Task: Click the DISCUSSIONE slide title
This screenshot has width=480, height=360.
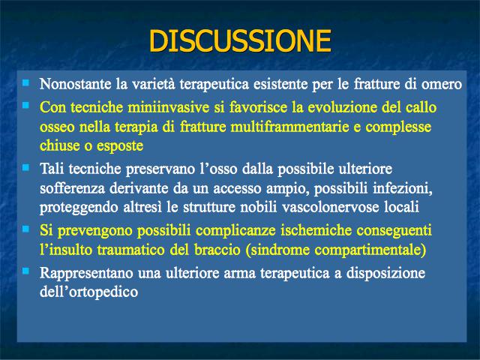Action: (x=240, y=40)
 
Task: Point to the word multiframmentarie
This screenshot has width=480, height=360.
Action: (x=289, y=127)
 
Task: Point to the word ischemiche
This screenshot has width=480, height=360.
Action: (x=316, y=230)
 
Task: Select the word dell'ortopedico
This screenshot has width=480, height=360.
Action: (x=88, y=292)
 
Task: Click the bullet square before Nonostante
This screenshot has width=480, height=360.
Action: (x=26, y=82)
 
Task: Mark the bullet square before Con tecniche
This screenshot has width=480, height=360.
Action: (x=26, y=105)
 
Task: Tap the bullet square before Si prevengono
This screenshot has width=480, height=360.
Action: (x=26, y=229)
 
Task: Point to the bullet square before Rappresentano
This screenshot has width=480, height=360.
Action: (x=26, y=271)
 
